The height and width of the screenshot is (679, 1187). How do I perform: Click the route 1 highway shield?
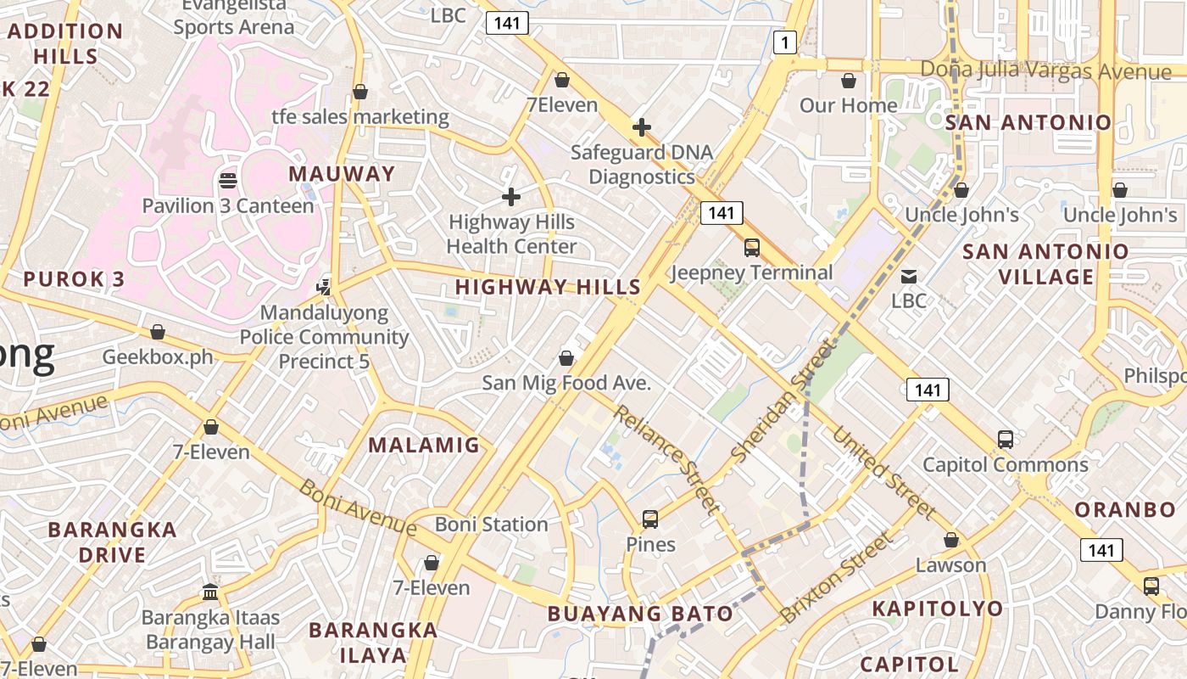785,42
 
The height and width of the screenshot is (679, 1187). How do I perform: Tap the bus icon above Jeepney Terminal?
752,248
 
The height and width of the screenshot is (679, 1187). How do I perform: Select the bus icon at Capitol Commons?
1006,440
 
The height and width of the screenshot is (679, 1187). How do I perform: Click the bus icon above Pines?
650,519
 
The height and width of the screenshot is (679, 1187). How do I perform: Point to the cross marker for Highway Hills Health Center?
511,197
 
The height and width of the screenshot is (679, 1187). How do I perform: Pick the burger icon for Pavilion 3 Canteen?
228,180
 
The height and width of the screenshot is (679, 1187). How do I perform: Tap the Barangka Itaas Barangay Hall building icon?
210,592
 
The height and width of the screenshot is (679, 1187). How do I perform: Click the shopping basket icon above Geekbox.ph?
158,332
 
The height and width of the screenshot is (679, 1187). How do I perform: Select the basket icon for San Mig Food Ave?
566,358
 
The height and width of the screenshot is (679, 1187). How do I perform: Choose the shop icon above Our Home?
849,81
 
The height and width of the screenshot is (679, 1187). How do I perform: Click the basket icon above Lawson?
951,540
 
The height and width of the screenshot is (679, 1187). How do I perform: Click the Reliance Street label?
666,459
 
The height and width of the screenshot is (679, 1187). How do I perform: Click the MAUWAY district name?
342,174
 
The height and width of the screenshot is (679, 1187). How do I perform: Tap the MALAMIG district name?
424,445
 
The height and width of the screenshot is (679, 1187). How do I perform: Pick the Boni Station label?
492,525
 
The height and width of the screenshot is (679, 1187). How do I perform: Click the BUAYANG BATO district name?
640,614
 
